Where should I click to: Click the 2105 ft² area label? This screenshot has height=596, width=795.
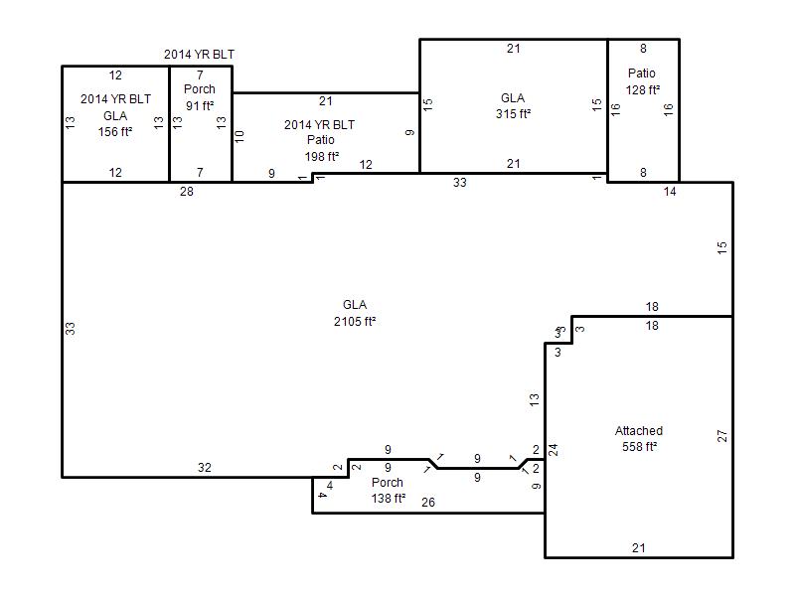click(x=355, y=321)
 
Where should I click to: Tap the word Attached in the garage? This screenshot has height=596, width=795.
click(x=639, y=431)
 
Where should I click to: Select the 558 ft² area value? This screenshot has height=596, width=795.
click(x=639, y=446)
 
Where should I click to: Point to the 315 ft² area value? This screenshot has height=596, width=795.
click(x=513, y=113)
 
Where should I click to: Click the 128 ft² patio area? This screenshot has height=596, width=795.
click(x=642, y=89)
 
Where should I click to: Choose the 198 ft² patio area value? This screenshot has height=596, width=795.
click(x=321, y=157)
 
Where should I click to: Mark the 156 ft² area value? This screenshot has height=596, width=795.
click(x=115, y=132)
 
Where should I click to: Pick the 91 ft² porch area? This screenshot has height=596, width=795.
click(x=200, y=106)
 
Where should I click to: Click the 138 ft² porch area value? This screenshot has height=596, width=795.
click(x=389, y=499)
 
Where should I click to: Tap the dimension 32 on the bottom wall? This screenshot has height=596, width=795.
click(x=205, y=467)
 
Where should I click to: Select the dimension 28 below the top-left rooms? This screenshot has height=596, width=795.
click(x=187, y=192)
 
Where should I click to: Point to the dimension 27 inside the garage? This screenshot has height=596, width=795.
click(x=722, y=436)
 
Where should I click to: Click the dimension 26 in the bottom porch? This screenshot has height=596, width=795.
click(x=428, y=503)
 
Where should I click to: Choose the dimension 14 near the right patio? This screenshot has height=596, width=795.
click(x=670, y=192)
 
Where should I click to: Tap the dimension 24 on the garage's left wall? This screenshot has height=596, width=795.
click(x=554, y=450)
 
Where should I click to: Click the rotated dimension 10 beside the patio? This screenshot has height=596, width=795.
click(x=239, y=136)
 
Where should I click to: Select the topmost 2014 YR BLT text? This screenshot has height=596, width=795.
click(x=200, y=55)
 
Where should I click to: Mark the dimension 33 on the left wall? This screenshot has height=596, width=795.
click(x=70, y=329)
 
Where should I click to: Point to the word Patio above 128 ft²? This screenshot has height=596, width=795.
click(x=641, y=73)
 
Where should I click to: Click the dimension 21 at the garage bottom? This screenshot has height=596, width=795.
click(x=639, y=548)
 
